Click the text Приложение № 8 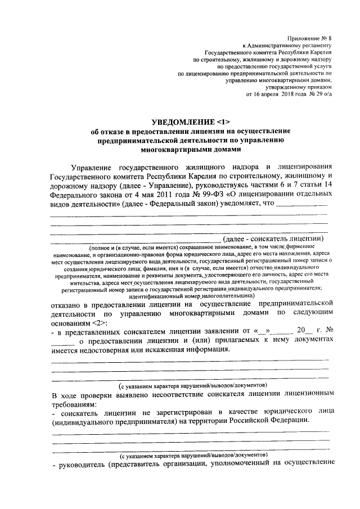tap(309, 35)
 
